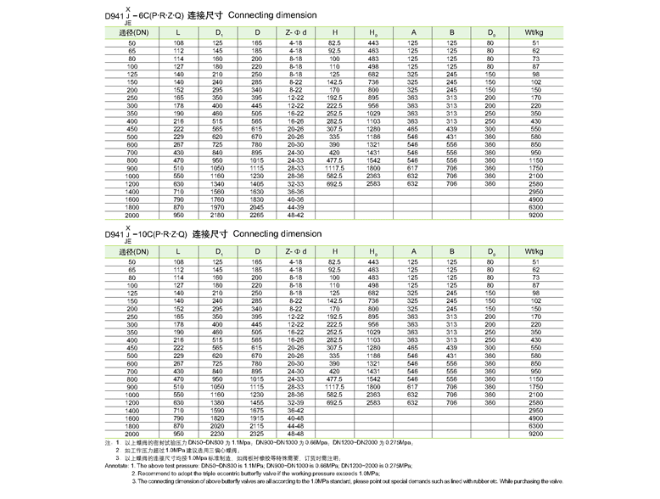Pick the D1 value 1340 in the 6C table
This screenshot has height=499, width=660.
click(x=217, y=183)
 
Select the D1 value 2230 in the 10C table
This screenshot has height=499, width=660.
click(x=217, y=434)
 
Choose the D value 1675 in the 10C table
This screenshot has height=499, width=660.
click(x=257, y=411)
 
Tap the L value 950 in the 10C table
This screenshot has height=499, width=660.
click(x=178, y=434)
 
